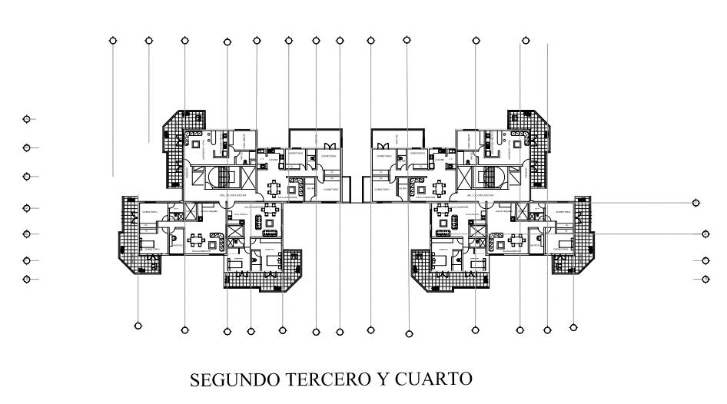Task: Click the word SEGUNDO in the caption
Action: click(224, 380)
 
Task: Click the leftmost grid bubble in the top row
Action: click(114, 40)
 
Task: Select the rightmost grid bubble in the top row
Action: click(526, 40)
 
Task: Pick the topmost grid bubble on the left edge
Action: click(27, 119)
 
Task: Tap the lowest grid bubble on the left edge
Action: click(27, 279)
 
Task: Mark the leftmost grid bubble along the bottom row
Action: click(138, 326)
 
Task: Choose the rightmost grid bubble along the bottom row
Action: click(573, 328)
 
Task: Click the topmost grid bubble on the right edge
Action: click(695, 203)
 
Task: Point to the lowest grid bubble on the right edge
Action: click(705, 279)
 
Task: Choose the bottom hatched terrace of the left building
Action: click(255, 276)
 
